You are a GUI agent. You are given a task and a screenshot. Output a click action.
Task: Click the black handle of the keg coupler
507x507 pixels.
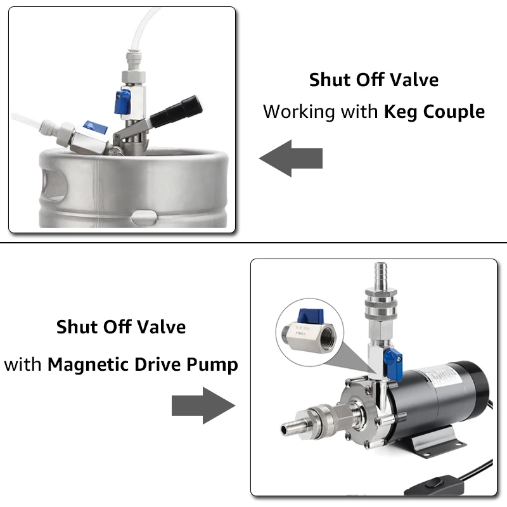coord(176,112)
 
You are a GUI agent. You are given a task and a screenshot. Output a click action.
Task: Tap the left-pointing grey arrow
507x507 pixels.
coord(291,158)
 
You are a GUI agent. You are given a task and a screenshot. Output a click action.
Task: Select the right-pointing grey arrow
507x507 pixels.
coord(203,406)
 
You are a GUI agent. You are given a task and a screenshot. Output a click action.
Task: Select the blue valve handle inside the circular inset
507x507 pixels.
coord(311,315)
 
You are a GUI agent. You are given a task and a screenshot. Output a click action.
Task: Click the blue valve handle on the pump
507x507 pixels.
coord(394,363)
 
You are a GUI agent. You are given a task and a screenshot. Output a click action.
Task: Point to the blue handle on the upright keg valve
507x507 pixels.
coord(122,102)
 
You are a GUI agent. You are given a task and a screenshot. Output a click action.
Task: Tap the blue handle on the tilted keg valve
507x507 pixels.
coord(95,127)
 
